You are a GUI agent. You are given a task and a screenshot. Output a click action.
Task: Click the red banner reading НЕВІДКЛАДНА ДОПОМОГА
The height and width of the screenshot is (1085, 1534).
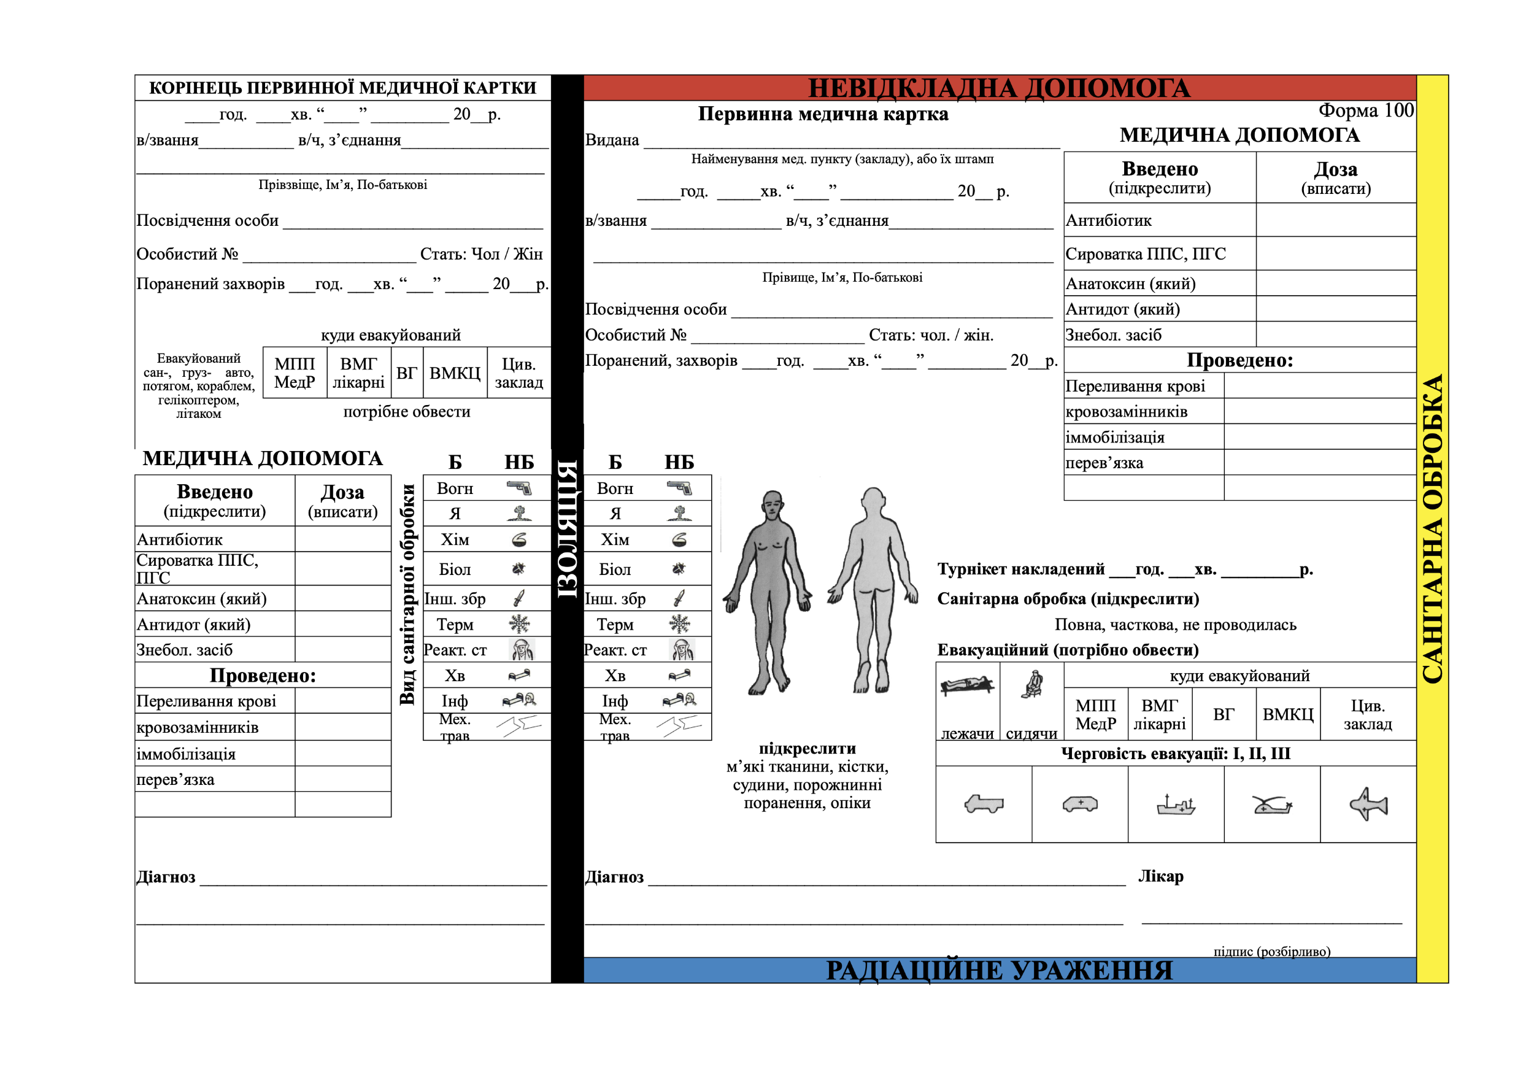click(x=999, y=88)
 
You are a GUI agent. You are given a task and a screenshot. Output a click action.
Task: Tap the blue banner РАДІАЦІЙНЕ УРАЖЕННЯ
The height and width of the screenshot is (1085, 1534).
click(x=999, y=970)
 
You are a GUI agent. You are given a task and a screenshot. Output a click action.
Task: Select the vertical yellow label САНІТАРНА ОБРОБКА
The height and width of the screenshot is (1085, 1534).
click(x=1432, y=528)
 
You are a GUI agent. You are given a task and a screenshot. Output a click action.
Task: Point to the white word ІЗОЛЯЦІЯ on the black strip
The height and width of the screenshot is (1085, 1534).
click(x=567, y=528)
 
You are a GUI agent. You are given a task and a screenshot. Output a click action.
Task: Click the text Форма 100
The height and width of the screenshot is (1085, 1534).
click(x=1366, y=110)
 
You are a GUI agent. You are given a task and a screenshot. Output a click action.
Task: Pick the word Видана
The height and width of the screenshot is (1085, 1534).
click(x=612, y=141)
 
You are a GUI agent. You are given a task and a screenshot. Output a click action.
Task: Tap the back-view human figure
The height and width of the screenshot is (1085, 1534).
click(x=873, y=588)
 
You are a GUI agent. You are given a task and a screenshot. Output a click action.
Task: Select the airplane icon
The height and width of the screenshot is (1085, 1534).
click(x=1368, y=804)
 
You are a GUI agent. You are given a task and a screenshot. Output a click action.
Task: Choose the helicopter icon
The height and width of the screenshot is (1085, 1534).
click(x=1271, y=805)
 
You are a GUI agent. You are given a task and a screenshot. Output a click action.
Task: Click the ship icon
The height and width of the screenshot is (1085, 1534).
click(x=1176, y=805)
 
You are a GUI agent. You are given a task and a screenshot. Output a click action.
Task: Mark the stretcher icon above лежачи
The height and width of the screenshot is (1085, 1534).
click(x=967, y=685)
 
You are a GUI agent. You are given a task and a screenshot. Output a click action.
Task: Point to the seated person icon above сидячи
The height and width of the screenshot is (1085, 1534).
click(x=1032, y=684)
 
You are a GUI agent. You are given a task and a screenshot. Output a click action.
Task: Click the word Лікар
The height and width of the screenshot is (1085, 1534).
click(x=1160, y=876)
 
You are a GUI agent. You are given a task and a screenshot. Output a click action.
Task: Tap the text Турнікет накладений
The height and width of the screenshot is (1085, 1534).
click(x=1021, y=570)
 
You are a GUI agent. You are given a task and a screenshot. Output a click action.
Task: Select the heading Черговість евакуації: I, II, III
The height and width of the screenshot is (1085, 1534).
click(x=1176, y=754)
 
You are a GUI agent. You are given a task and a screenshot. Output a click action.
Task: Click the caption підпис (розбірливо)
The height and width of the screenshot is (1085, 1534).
click(x=1272, y=951)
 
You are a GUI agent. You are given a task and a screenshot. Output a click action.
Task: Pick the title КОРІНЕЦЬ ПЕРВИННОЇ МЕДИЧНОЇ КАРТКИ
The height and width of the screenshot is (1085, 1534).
click(x=343, y=88)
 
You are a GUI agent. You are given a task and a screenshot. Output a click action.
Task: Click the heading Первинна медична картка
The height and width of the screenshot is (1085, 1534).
click(x=823, y=114)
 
